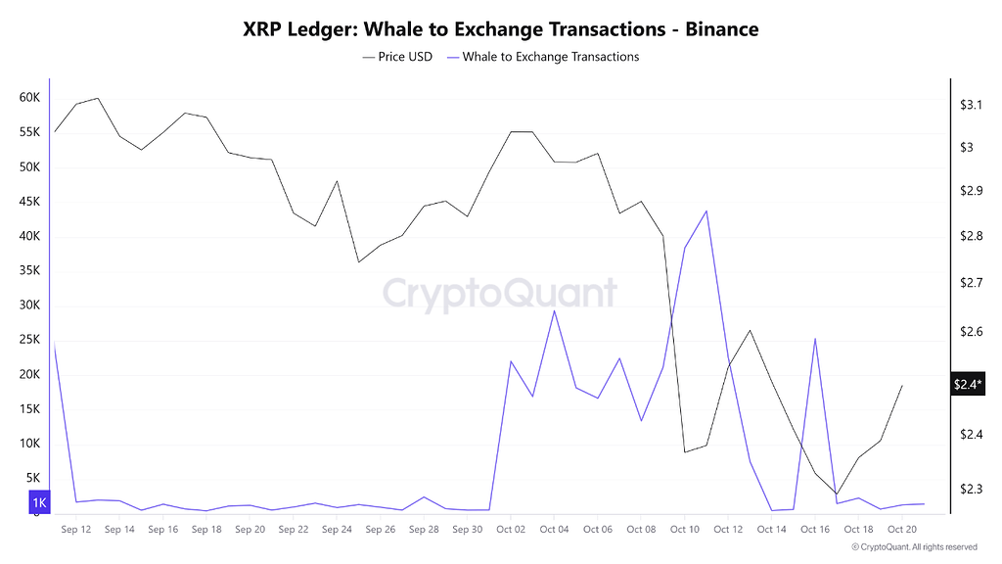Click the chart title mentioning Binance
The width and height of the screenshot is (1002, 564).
pos(500,29)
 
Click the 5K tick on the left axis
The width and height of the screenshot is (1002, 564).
pos(32,478)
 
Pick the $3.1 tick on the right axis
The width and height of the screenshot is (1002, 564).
pos(972,104)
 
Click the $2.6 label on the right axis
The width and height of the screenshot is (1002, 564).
pos(972,333)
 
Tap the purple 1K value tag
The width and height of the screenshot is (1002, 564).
pos(39,503)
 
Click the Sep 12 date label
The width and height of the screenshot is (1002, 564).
pos(75,530)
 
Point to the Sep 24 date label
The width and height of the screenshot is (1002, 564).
pos(337,530)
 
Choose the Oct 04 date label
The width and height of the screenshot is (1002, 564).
pos(554,530)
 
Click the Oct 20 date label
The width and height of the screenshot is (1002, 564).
pos(902,530)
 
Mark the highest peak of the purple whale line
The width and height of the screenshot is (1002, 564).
pos(706,211)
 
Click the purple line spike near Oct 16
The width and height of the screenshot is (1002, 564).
pos(815,339)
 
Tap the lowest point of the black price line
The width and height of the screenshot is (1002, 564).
pos(837,493)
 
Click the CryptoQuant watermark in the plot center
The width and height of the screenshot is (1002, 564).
pos(499,294)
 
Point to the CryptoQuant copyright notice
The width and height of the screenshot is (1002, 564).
pos(914,546)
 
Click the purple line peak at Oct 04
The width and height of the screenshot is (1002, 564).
pos(554,311)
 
